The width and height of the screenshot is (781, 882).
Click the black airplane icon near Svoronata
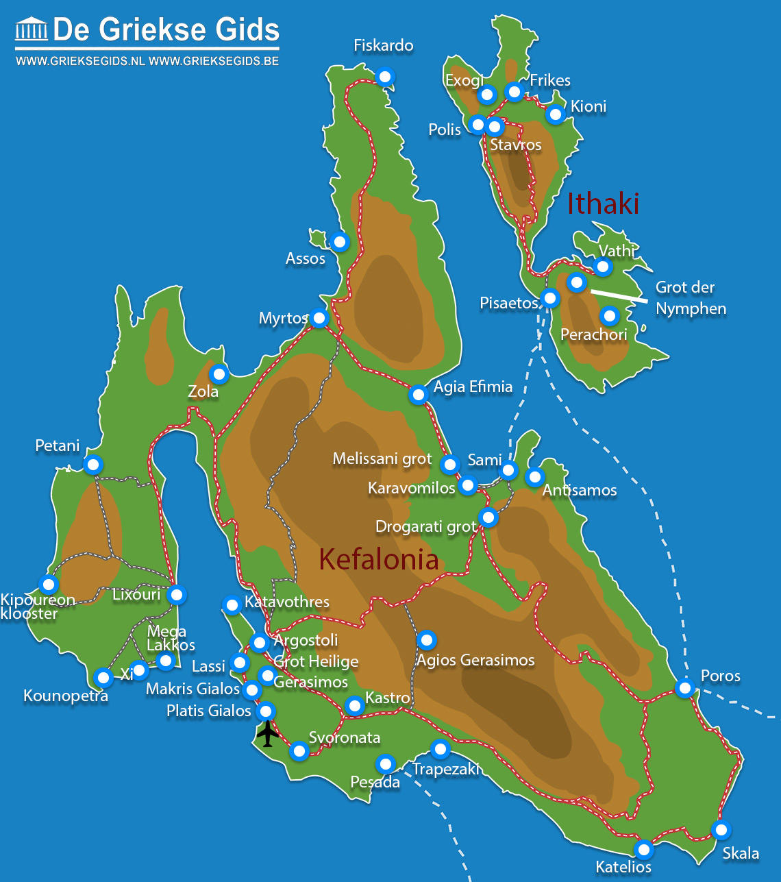coord(267,734)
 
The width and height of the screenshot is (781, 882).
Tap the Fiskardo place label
coord(383,46)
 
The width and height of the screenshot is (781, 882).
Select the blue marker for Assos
coord(339,241)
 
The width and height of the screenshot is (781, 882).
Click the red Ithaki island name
coord(603,204)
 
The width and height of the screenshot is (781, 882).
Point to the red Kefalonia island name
coord(379,560)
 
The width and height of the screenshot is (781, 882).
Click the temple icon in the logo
coord(32,29)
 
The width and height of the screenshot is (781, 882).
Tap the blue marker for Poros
coord(684,687)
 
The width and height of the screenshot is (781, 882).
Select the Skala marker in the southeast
coord(721,830)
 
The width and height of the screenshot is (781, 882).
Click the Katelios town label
coord(623,867)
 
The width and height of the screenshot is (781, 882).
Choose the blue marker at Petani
coord(93,465)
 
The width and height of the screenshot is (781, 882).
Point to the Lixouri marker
coord(177,594)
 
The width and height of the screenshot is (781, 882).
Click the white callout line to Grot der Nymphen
coord(619,295)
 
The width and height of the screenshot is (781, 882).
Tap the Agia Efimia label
coord(473,387)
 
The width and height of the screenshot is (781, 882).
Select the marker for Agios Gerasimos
coord(426,640)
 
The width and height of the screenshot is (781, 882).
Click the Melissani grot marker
coord(449,464)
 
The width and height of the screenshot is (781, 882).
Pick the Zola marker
coord(219,374)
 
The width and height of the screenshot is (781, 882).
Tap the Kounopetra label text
coord(66,696)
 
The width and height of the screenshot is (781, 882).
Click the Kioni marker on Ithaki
coord(556,114)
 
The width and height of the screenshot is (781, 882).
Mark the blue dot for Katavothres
coord(232,604)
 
